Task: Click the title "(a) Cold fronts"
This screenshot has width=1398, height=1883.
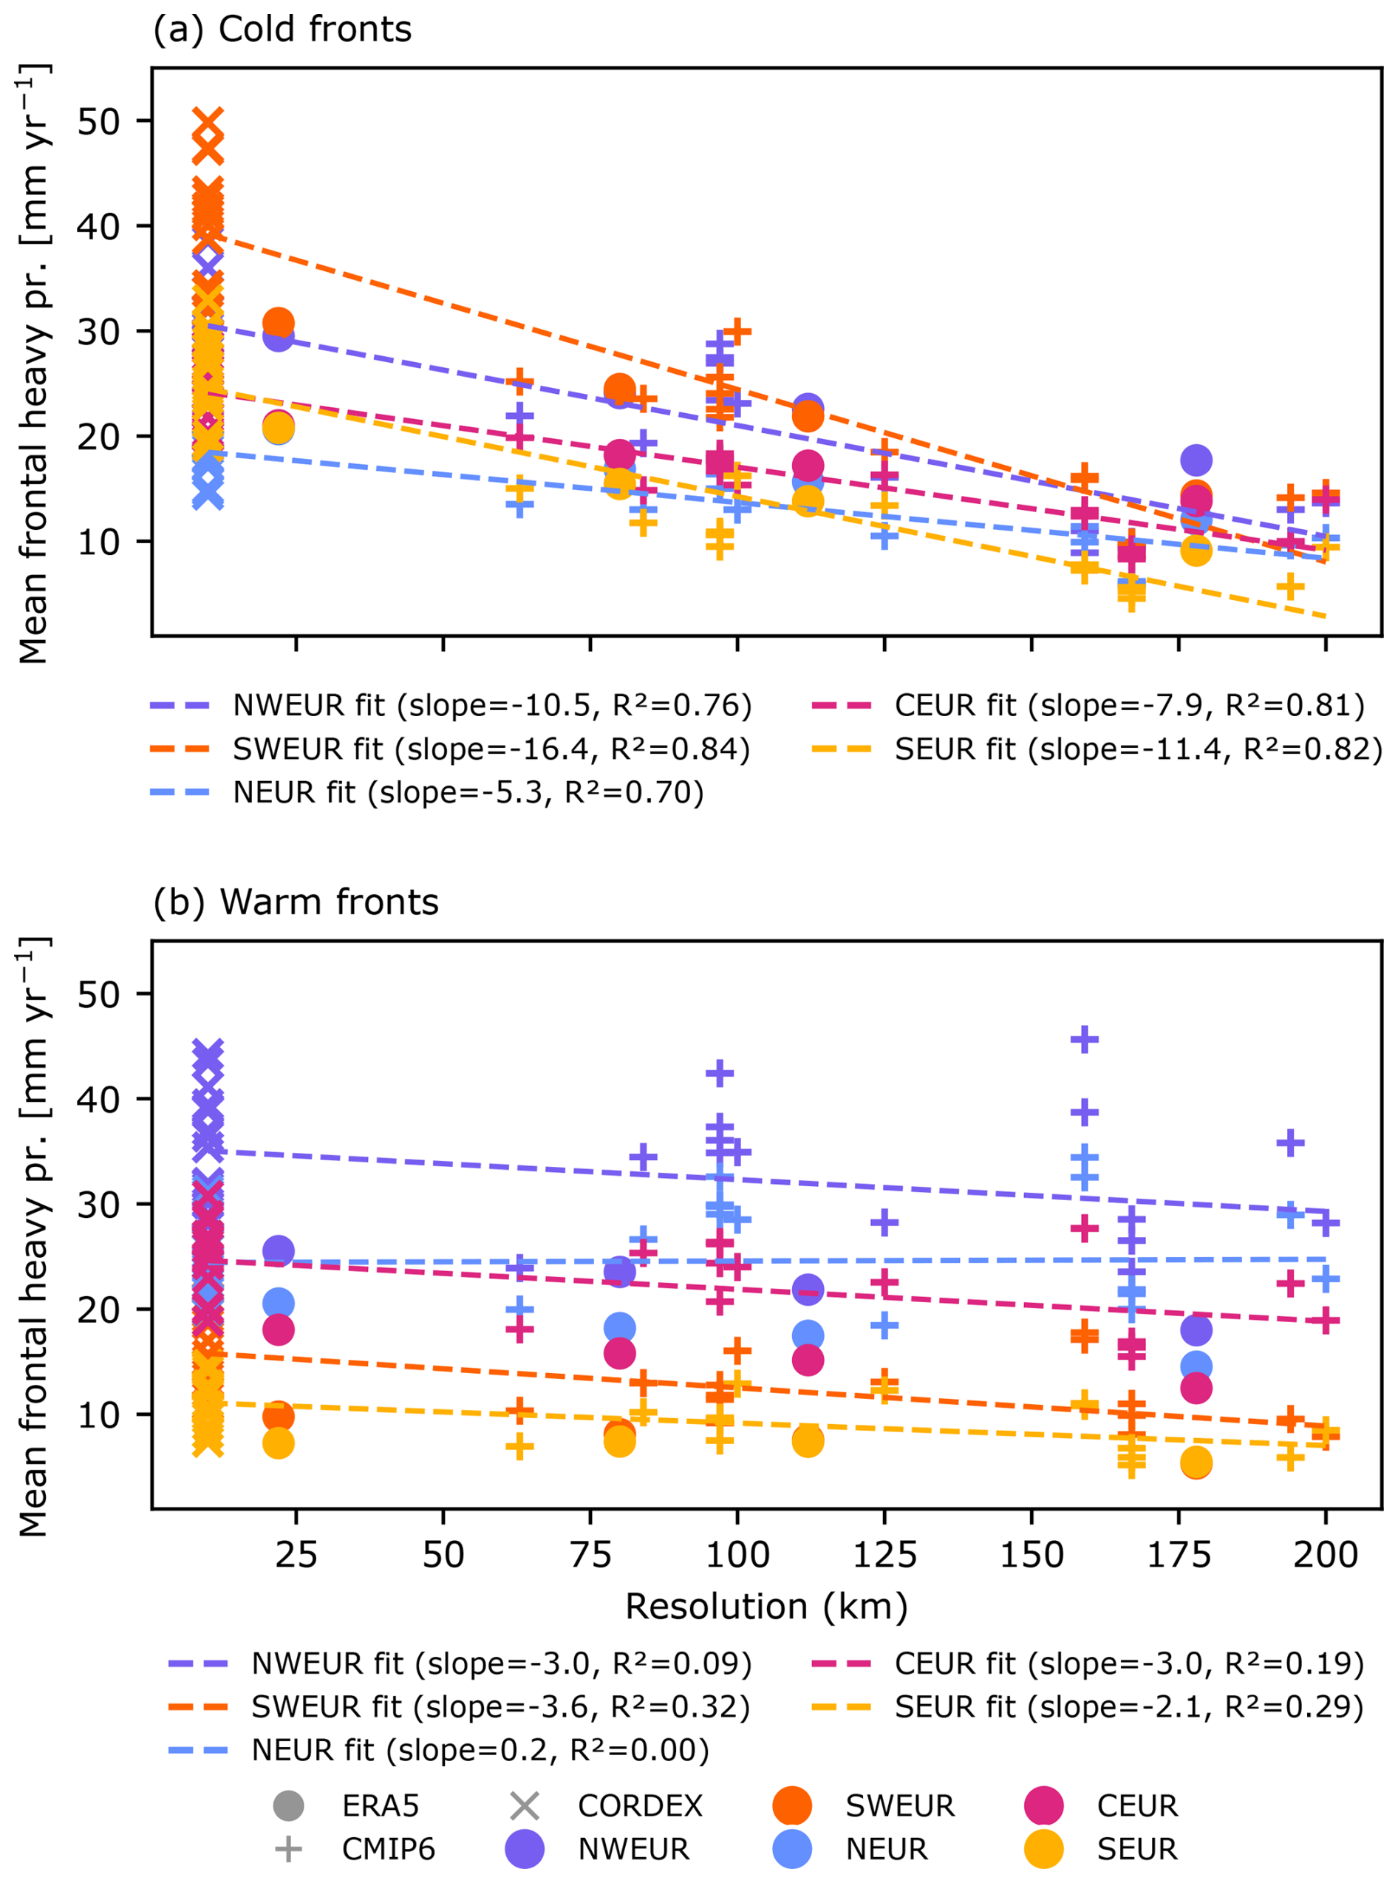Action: click(x=282, y=30)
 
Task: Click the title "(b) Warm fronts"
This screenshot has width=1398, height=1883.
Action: click(x=296, y=902)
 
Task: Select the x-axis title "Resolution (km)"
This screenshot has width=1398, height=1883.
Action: click(x=766, y=1607)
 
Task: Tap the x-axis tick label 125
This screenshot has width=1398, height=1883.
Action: click(x=884, y=1555)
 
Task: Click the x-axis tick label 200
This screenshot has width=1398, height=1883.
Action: click(x=1326, y=1555)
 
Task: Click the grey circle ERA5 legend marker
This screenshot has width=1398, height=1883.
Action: click(x=289, y=1806)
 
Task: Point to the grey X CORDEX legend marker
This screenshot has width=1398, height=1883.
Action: click(x=525, y=1806)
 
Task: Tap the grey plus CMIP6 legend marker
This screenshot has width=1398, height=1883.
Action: click(x=289, y=1849)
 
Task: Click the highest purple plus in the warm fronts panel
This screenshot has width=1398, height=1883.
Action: click(x=1085, y=1039)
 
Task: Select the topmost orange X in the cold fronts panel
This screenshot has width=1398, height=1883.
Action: click(x=208, y=120)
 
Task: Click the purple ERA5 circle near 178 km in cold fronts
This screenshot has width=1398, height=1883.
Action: click(x=1195, y=460)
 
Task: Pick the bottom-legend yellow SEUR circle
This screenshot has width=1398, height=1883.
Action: click(x=1043, y=1849)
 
